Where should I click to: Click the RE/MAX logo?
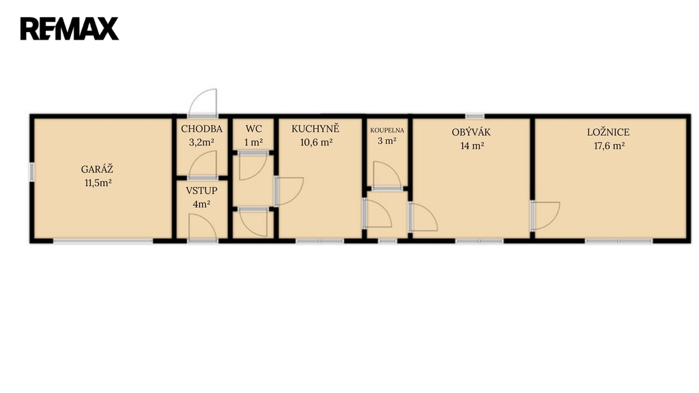[70, 29]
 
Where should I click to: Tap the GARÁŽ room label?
[97, 169]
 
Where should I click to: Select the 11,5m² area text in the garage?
[98, 183]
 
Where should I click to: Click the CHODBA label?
[201, 129]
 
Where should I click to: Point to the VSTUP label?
[201, 191]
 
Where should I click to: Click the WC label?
[254, 129]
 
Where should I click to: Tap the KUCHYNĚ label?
[315, 129]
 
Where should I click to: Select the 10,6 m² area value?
[316, 143]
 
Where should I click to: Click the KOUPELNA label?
[387, 130]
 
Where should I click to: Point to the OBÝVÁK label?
[471, 132]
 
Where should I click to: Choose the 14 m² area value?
[472, 146]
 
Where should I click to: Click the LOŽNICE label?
[608, 132]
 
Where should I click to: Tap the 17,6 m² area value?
[609, 146]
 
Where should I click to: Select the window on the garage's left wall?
[31, 172]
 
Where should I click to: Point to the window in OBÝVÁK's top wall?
[475, 116]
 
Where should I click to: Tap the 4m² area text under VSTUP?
[201, 205]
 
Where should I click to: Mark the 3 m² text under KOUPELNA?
[387, 141]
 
